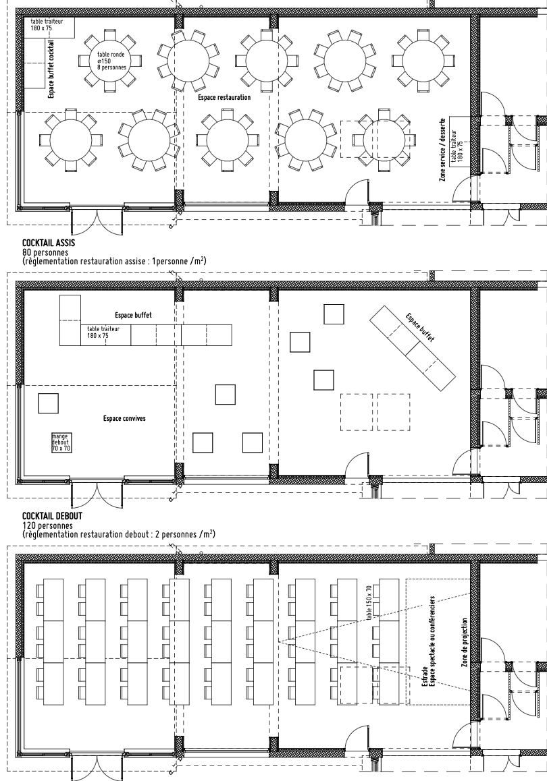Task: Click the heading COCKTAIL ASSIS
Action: pyautogui.click(x=49, y=243)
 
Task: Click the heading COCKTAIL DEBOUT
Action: pyautogui.click(x=52, y=517)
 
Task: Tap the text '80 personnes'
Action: pyautogui.click(x=45, y=252)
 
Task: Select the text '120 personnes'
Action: pyautogui.click(x=47, y=525)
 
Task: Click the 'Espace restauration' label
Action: pyautogui.click(x=224, y=97)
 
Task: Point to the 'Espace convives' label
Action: pyautogui.click(x=124, y=418)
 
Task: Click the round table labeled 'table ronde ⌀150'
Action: pyautogui.click(x=111, y=61)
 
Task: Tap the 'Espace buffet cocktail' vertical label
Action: pyautogui.click(x=51, y=69)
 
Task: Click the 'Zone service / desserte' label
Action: pyautogui.click(x=442, y=150)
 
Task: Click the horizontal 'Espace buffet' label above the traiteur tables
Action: pyautogui.click(x=133, y=315)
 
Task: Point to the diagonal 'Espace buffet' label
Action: pyautogui.click(x=420, y=327)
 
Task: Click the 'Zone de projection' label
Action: pyautogui.click(x=464, y=643)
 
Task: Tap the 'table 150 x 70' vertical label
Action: pyautogui.click(x=369, y=603)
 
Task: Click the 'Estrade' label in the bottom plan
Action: pyautogui.click(x=424, y=676)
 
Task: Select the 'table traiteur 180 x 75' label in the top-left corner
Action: pyautogui.click(x=47, y=25)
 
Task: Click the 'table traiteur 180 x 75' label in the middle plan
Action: pyautogui.click(x=103, y=332)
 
